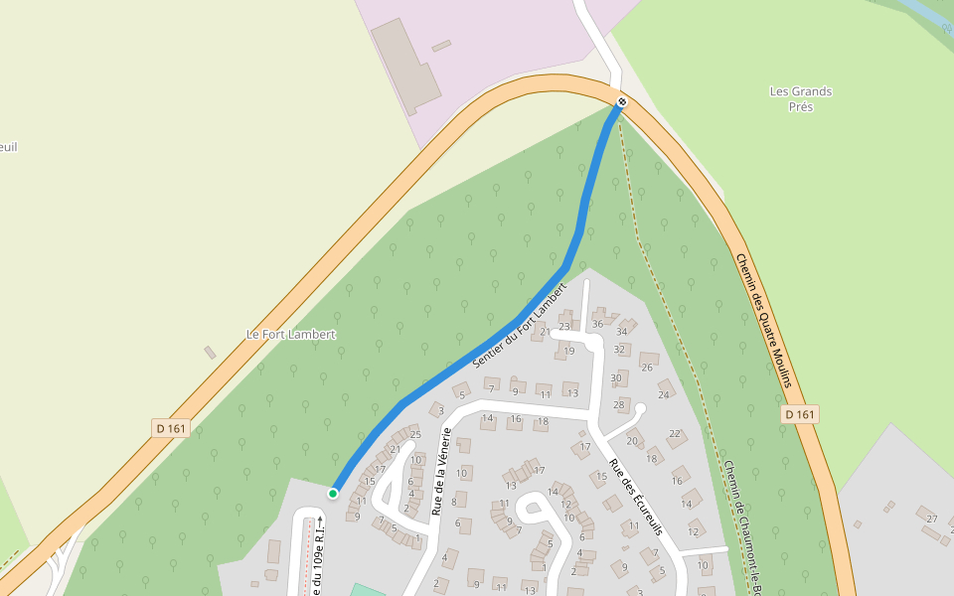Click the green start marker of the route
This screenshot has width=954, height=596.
[333, 493]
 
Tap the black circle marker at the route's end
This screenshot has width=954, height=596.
[622, 101]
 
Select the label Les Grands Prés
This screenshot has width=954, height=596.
[801, 98]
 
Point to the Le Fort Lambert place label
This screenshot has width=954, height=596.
[291, 335]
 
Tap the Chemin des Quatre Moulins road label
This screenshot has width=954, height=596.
[764, 319]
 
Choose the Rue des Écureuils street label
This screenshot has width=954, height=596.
[636, 498]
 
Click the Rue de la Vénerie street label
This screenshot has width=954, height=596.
[441, 472]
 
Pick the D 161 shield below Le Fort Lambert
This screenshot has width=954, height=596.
[171, 428]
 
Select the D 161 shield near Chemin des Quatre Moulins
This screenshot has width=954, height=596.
[799, 414]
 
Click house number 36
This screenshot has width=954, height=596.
[597, 324]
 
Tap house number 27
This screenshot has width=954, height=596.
[931, 519]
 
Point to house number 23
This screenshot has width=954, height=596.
[564, 326]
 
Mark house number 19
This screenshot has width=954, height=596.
[568, 351]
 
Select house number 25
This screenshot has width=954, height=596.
[415, 434]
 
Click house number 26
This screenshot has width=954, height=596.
[647, 368]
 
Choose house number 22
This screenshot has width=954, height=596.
[675, 434]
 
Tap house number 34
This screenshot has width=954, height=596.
[622, 331]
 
